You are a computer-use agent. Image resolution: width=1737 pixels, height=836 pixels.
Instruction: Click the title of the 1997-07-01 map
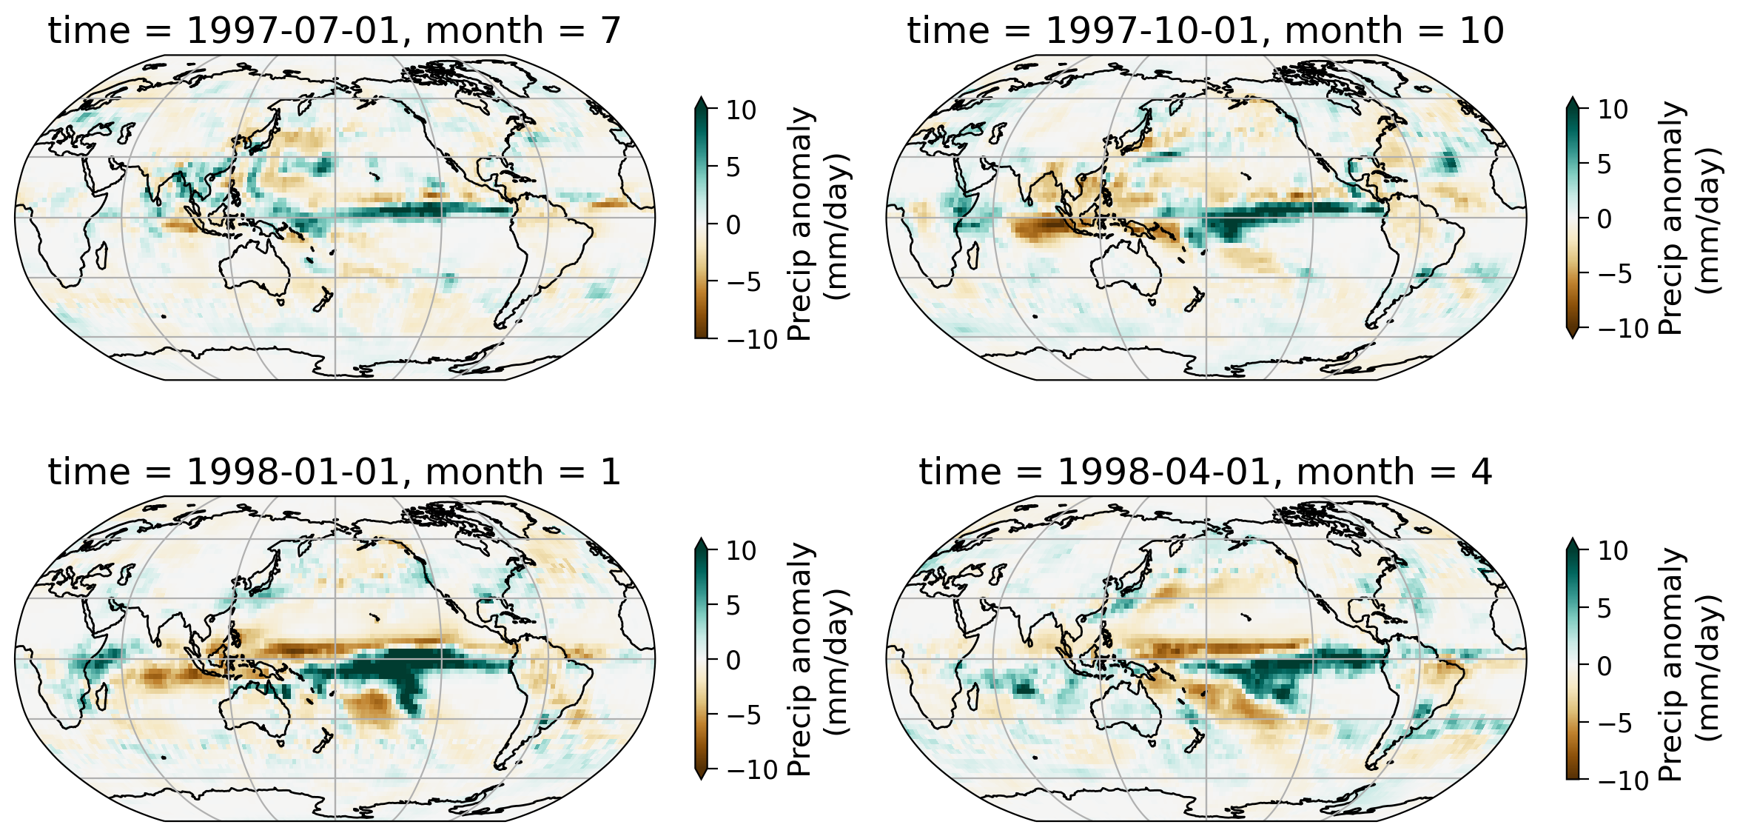pos(334,31)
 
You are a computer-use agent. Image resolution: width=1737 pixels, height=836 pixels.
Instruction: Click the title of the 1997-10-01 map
pos(1205,31)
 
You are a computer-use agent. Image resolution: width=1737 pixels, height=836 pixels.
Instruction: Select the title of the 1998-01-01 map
pos(334,472)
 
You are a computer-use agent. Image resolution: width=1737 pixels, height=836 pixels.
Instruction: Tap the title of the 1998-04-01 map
pos(1205,472)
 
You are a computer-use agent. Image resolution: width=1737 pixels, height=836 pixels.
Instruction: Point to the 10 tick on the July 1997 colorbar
pos(740,110)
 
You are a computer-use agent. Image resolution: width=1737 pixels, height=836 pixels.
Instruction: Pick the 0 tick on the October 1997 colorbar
pos(1604,219)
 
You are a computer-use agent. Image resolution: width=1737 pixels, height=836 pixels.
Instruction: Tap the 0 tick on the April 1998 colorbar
pos(1604,666)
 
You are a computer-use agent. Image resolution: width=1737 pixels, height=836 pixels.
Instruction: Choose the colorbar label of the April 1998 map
pos(1690,664)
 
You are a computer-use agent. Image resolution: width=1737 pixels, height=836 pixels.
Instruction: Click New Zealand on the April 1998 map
pos(1193,740)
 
